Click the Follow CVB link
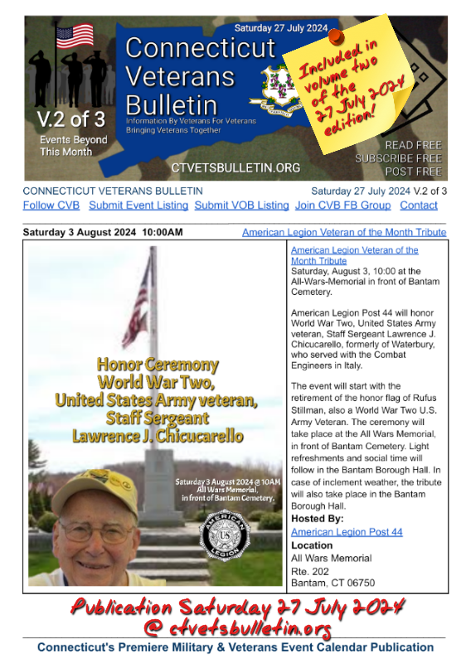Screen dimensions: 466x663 tap(51, 205)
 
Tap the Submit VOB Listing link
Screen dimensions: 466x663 tap(242, 205)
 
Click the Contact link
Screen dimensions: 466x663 tap(419, 205)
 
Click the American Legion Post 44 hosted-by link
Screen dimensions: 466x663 tap(347, 531)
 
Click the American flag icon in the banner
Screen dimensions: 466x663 tap(75, 36)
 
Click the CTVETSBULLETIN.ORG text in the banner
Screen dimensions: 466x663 tap(235, 167)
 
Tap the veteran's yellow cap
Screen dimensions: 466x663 tap(95, 484)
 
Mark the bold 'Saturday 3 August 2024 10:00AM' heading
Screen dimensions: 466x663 tap(103, 232)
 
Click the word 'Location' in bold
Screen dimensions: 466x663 tap(312, 545)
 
